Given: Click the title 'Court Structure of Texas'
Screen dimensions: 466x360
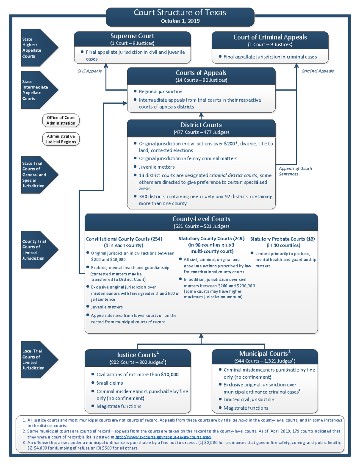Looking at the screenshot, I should [x=180, y=13].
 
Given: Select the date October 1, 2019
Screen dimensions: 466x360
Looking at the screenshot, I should [x=180, y=21].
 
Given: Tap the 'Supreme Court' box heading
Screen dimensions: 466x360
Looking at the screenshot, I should [x=132, y=36].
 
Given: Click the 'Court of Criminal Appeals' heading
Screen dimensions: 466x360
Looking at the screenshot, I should [x=270, y=37].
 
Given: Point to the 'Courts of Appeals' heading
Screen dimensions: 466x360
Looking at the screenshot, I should [x=201, y=73].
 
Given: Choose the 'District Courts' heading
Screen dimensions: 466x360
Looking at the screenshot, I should [x=201, y=125].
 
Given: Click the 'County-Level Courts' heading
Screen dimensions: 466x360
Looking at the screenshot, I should [x=201, y=219].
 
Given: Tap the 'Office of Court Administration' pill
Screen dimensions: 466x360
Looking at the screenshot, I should [x=61, y=120].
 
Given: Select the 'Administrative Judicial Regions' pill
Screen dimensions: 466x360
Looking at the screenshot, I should [x=61, y=139].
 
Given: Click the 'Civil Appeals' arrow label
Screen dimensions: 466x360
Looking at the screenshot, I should [x=89, y=71].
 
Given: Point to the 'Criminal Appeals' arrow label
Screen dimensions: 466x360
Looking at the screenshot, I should [x=317, y=71].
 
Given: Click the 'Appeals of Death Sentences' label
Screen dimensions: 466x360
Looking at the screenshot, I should [x=295, y=171].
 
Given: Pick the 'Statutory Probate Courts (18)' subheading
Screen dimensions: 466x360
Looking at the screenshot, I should [x=282, y=239].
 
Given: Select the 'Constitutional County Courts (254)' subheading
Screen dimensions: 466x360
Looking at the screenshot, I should [x=124, y=239].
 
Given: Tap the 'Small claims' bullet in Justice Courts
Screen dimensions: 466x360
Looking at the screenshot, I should [x=109, y=383].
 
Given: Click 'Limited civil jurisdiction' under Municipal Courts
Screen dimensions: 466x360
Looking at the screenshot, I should [x=249, y=399].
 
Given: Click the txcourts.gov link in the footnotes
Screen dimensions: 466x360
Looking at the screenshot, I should [x=163, y=437].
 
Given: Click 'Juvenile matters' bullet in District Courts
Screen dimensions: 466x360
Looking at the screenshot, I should [x=156, y=167].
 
